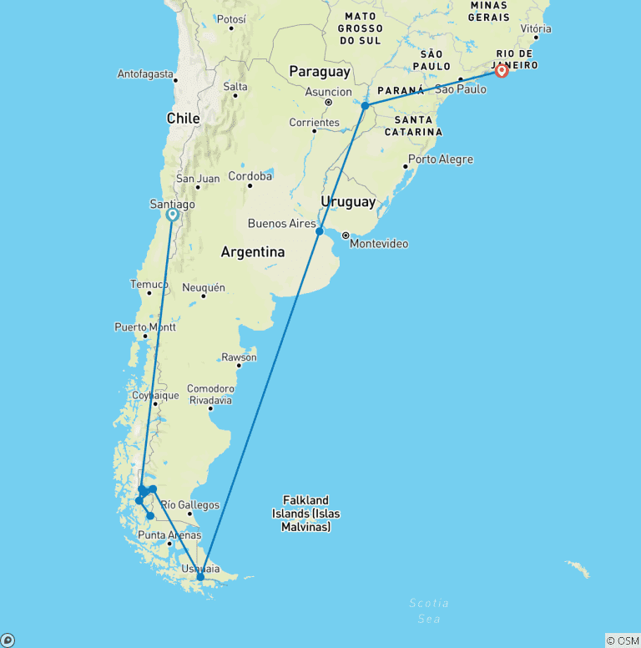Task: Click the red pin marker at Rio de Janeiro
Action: pos(502,71)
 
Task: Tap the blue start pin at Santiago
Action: pos(172,215)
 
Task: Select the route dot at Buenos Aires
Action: pos(320,231)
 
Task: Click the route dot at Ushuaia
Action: pos(200,576)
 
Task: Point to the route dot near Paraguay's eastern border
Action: pos(365,106)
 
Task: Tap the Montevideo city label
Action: pos(379,244)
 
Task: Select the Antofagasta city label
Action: pos(145,74)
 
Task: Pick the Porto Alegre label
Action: pos(440,159)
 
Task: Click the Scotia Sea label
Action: pos(429,610)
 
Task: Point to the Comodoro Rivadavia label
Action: pos(209,394)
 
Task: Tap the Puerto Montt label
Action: pos(141,327)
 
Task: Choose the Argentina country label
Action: pos(252,251)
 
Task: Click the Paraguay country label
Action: pos(320,72)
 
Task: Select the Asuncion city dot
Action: pos(329,103)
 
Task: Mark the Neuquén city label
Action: pos(203,287)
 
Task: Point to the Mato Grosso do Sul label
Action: pos(360,28)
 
